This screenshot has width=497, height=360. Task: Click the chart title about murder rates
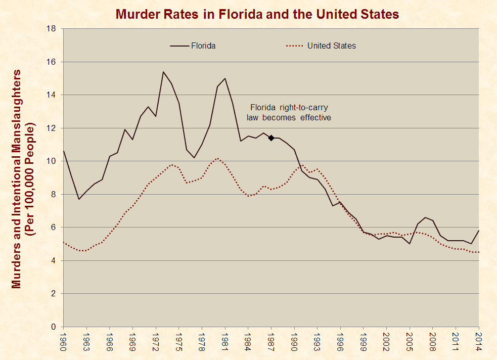pyautogui.click(x=257, y=14)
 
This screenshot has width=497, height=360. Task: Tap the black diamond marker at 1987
pyautogui.click(x=271, y=138)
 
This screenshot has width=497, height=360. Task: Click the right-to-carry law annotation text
pyautogui.click(x=289, y=112)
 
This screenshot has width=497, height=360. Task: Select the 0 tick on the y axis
pyautogui.click(x=53, y=327)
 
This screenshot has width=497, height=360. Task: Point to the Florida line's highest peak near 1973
pyautogui.click(x=163, y=72)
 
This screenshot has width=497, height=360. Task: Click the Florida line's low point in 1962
pyautogui.click(x=79, y=199)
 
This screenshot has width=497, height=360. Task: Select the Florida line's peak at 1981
pyautogui.click(x=225, y=78)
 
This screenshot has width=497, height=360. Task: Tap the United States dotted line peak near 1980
pyautogui.click(x=217, y=158)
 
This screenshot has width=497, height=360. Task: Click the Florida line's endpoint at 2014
pyautogui.click(x=479, y=231)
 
